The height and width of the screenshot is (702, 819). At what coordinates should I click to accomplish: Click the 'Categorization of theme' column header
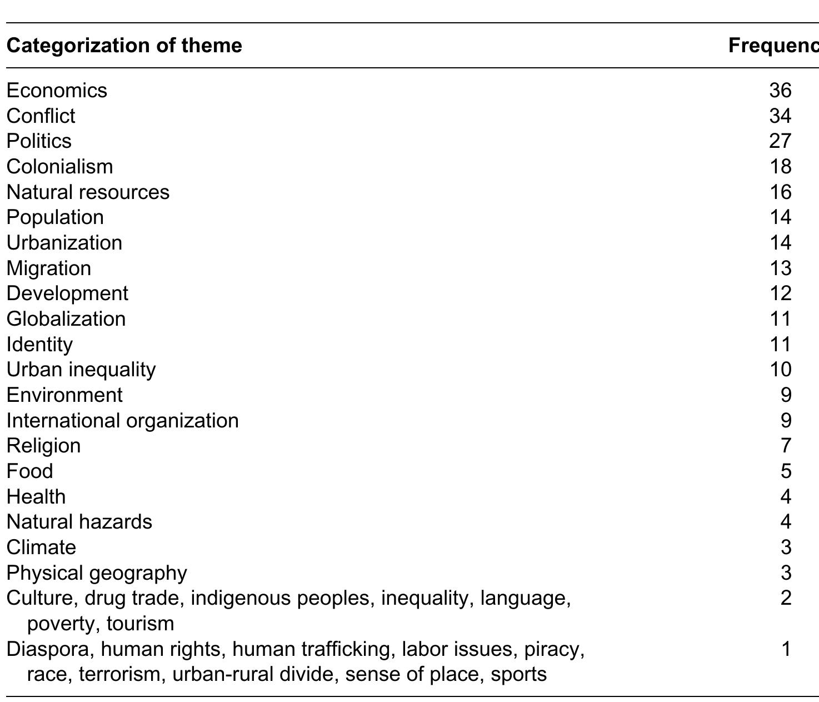tap(124, 45)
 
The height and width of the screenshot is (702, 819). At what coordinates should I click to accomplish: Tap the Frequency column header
tap(773, 45)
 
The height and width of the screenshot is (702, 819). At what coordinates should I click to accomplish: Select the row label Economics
tap(57, 90)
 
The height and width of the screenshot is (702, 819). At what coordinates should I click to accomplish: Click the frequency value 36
tap(780, 90)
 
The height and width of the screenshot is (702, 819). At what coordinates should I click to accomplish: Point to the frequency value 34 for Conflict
tap(780, 116)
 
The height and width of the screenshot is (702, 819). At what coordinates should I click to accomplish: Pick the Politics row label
tap(39, 141)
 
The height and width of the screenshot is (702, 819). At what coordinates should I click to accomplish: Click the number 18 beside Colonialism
tap(780, 166)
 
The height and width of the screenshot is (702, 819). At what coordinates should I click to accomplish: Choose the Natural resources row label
tap(88, 192)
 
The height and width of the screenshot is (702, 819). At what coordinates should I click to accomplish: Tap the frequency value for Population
tap(780, 217)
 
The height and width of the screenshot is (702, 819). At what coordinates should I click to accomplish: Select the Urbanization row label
tap(64, 243)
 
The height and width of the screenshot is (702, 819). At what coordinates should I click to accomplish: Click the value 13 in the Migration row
tap(780, 268)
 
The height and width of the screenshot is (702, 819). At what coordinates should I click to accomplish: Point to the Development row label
tap(67, 293)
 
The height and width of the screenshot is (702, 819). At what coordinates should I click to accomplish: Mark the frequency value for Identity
tap(780, 344)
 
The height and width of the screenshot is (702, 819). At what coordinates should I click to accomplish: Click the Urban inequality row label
tap(81, 370)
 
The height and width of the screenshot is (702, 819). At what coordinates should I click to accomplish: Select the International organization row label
tap(122, 420)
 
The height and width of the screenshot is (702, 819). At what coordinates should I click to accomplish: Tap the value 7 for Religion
tap(786, 446)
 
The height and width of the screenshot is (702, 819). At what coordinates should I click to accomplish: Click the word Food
tap(30, 471)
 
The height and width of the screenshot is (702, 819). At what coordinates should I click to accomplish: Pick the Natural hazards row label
tap(79, 522)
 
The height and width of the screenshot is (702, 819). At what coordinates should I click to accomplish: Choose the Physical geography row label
tap(97, 572)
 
